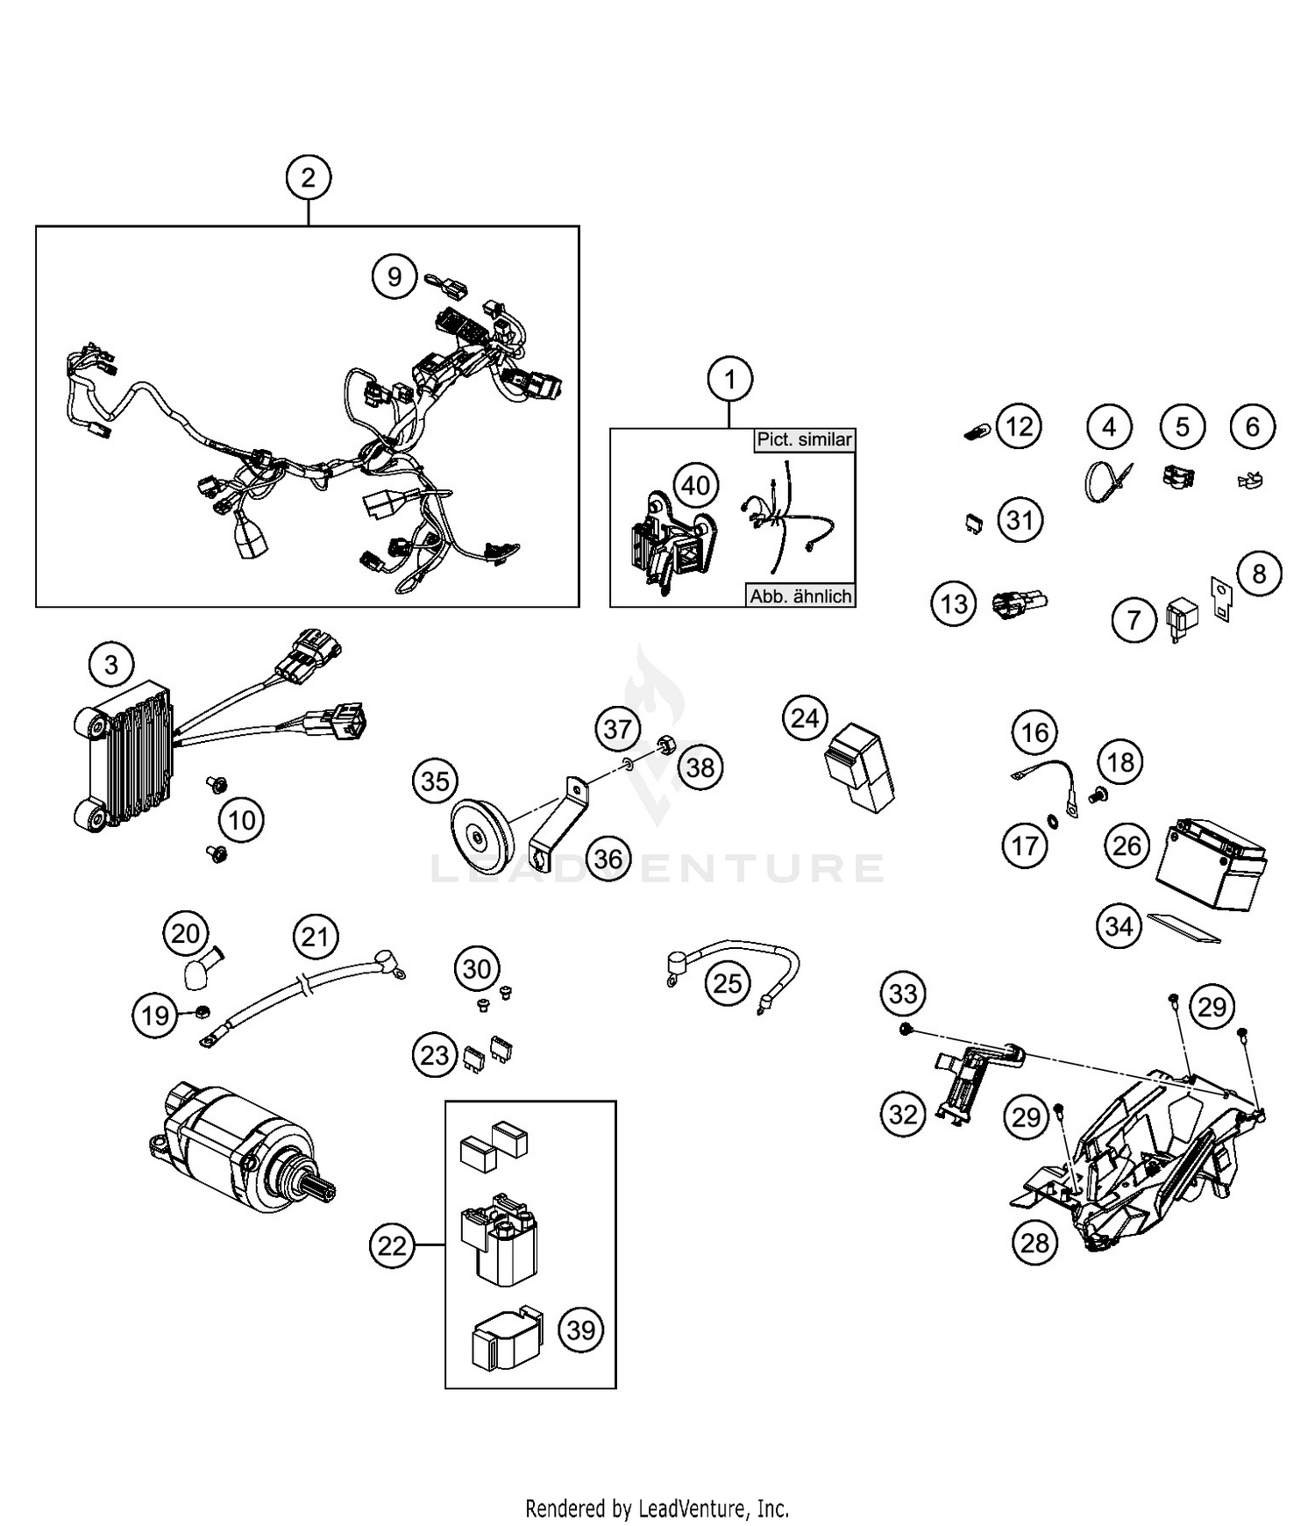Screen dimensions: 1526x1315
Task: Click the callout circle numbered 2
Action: [x=308, y=178]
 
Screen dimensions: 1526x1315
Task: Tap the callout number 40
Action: [x=696, y=485]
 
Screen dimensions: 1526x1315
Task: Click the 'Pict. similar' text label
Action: [x=804, y=439]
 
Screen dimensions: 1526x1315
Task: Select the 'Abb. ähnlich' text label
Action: [x=800, y=596]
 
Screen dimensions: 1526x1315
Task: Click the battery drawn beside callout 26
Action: [x=1211, y=867]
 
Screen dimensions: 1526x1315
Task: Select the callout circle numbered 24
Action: [x=805, y=719]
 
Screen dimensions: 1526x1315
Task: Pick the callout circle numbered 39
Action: [x=581, y=1330]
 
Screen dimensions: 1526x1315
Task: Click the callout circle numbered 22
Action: [x=392, y=1245]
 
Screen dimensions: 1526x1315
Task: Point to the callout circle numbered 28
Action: [x=1034, y=1243]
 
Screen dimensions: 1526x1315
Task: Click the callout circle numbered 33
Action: [x=903, y=994]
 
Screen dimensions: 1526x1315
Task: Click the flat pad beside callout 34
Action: [x=1184, y=928]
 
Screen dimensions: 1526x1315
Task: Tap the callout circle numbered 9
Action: [x=394, y=277]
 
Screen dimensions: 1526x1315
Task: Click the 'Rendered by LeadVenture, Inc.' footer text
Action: [x=657, y=1508]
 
